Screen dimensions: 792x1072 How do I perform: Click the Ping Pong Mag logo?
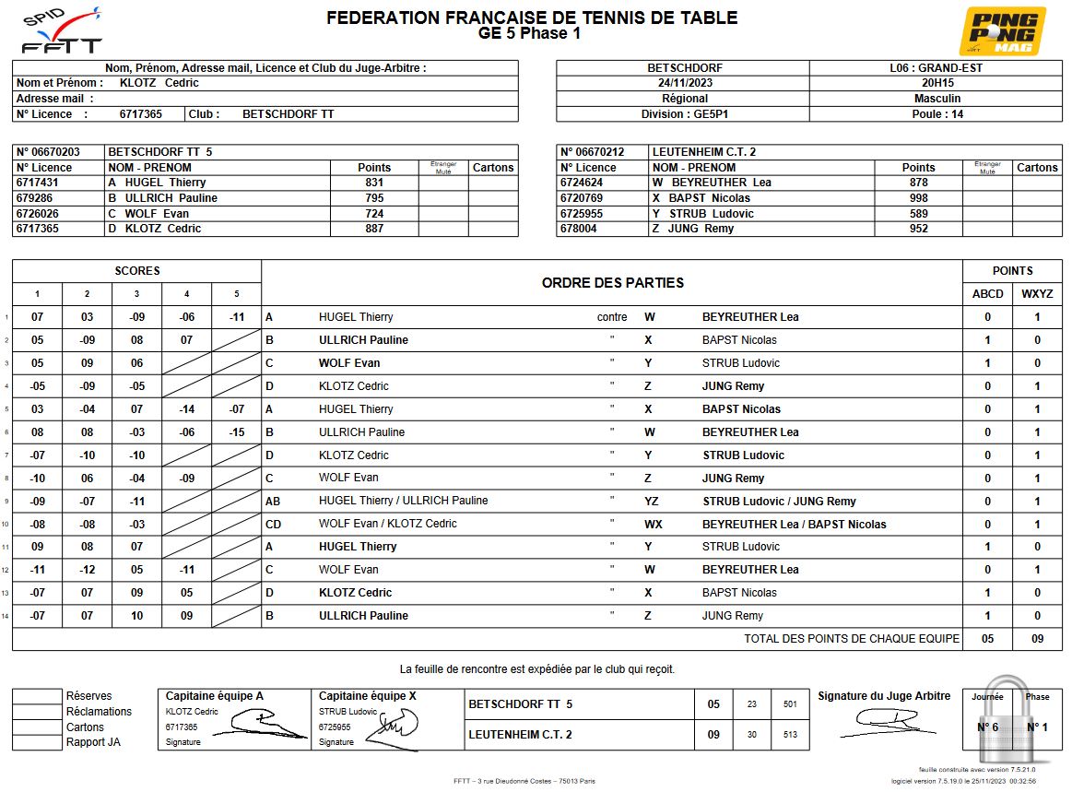(x=1002, y=31)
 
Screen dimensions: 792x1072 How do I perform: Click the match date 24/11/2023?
(x=685, y=83)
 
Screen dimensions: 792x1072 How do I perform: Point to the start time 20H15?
(x=937, y=83)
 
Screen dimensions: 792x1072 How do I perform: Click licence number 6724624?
(x=586, y=183)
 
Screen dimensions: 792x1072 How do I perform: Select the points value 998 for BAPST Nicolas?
(x=918, y=198)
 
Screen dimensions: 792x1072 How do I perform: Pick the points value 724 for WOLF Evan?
(x=374, y=214)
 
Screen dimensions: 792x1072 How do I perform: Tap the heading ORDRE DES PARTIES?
(x=613, y=283)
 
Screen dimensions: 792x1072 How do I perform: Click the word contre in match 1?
(x=612, y=317)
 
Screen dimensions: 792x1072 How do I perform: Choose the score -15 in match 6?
(x=236, y=432)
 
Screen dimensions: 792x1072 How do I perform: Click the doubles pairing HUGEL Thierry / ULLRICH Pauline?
(x=404, y=501)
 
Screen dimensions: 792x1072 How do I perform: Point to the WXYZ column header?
(x=1037, y=294)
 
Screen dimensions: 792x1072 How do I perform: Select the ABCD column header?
(x=987, y=294)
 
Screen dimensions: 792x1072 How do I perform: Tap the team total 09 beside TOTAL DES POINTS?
(x=1037, y=639)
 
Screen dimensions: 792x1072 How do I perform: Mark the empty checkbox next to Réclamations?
(x=37, y=712)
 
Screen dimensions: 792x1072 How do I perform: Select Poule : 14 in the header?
(x=937, y=114)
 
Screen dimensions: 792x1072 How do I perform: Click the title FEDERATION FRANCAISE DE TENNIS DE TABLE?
(x=532, y=18)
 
